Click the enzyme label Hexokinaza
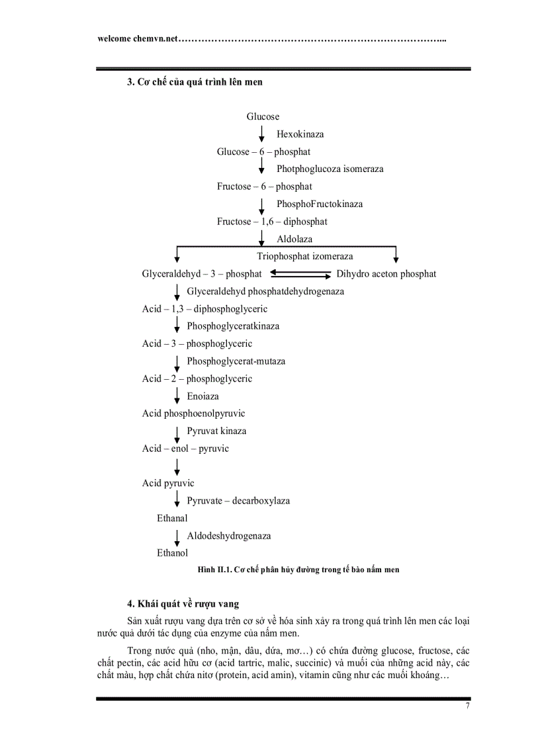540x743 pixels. (300, 134)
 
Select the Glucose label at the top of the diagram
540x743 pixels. (263, 116)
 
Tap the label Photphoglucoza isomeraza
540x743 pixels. (330, 169)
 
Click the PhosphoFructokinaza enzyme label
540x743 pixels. (319, 204)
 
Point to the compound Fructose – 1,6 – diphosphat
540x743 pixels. (272, 222)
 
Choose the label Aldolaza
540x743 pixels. (294, 239)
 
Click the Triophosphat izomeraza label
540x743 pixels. (305, 256)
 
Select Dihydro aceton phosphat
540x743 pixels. (386, 274)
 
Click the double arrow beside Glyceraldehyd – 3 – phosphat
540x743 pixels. (300, 273)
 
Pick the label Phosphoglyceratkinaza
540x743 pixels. (233, 326)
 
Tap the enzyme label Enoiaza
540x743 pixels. (202, 396)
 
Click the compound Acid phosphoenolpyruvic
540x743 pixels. (193, 414)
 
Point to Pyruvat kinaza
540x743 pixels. (216, 431)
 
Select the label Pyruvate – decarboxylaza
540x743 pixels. (238, 501)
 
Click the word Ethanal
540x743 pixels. (172, 518)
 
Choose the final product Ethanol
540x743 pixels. (172, 553)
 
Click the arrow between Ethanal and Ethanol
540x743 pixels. (177, 535)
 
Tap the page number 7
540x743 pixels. (467, 706)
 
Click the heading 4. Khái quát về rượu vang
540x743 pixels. (183, 603)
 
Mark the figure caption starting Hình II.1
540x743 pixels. (298, 569)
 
